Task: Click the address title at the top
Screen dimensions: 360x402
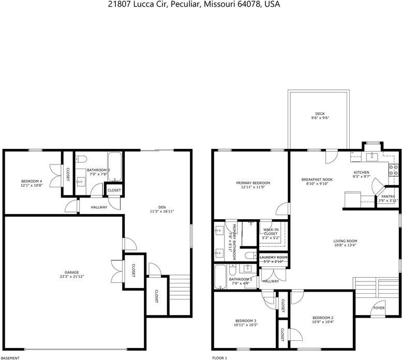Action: [x=201, y=4]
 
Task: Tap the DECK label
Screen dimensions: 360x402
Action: [x=320, y=114]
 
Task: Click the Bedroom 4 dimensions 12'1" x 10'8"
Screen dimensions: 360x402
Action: [x=31, y=185]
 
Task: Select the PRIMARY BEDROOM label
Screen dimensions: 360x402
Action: [x=253, y=183]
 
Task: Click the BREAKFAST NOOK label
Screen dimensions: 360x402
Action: [x=317, y=179]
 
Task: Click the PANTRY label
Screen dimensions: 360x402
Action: [x=388, y=197]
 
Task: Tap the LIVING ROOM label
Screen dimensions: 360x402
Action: [x=345, y=241]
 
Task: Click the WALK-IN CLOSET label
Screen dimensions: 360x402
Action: [x=271, y=231]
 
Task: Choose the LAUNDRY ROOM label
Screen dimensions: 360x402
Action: [x=273, y=257]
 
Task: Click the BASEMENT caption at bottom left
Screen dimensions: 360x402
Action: [x=10, y=357]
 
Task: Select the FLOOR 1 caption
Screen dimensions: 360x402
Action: [x=220, y=357]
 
